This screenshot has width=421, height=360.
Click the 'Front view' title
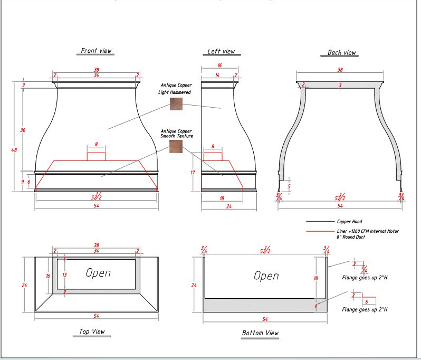click(96, 51)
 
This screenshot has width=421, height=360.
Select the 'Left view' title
click(221, 52)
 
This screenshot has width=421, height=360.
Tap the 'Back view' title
click(341, 53)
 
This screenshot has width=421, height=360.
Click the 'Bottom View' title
click(260, 333)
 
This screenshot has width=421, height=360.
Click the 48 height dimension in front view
click(14, 149)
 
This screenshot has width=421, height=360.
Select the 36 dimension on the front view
click(23, 130)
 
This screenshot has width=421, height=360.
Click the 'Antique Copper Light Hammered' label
click(176, 88)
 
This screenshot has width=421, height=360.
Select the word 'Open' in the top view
click(98, 273)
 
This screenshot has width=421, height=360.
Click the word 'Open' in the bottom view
click(266, 276)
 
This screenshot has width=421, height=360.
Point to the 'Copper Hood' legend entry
click(349, 222)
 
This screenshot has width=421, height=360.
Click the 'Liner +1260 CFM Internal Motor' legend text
click(368, 231)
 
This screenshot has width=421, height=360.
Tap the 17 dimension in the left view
click(194, 172)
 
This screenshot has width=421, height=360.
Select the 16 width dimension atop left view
click(219, 65)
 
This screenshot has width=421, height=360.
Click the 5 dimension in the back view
click(289, 186)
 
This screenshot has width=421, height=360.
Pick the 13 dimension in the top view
click(64, 274)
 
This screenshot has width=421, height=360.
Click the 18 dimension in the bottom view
click(316, 278)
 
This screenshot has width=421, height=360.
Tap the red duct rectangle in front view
click(96, 156)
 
